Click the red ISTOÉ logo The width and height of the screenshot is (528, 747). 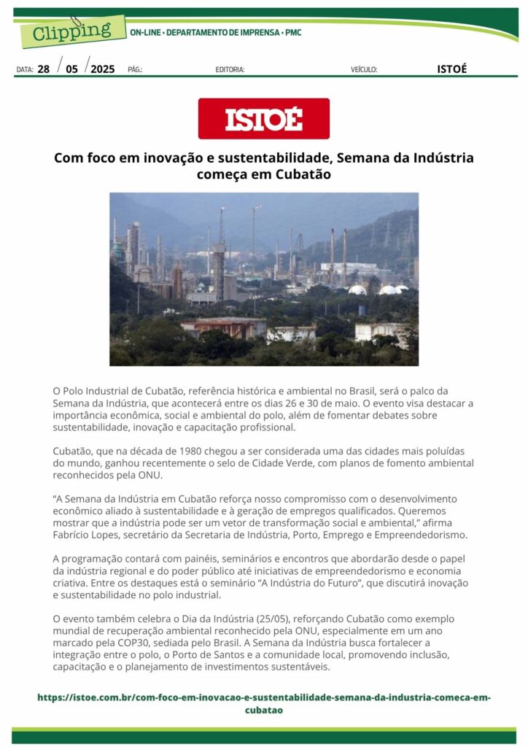click(263, 118)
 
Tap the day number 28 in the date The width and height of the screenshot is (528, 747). click(44, 69)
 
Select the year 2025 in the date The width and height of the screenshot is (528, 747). click(102, 69)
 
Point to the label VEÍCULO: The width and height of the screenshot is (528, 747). click(364, 70)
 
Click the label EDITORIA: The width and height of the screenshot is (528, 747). click(230, 70)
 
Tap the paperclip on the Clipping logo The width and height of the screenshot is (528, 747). click(76, 21)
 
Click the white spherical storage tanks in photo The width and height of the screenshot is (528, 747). click(379, 290)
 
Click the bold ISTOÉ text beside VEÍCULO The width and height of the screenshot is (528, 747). click(451, 69)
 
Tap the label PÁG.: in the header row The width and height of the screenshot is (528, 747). click(135, 70)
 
